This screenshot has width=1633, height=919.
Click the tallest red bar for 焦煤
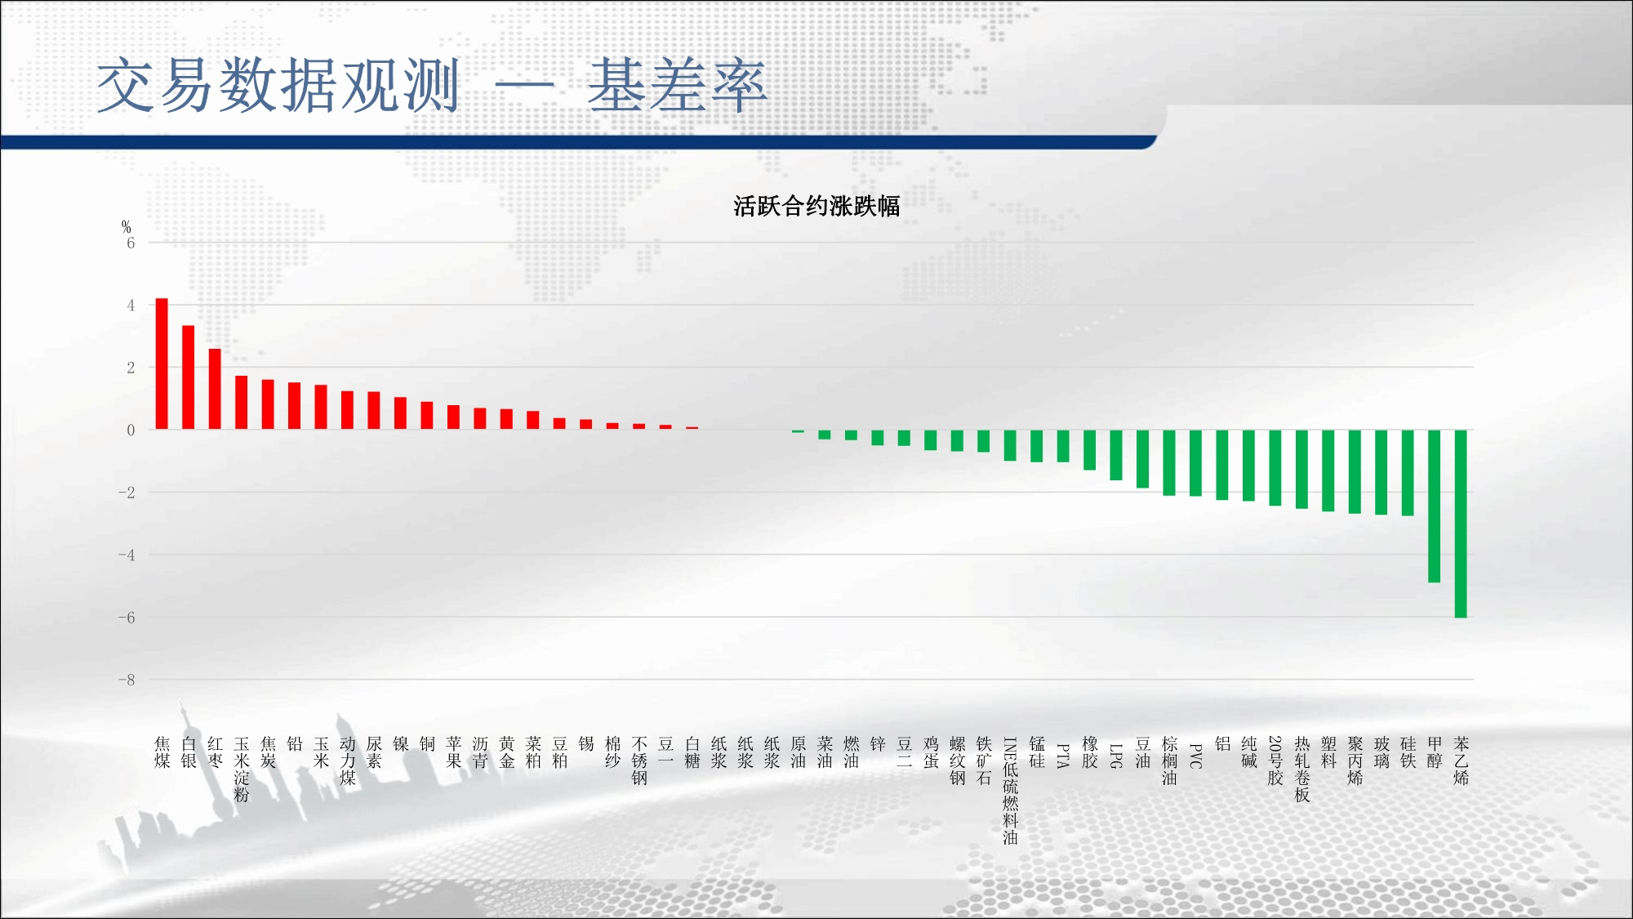point(162,364)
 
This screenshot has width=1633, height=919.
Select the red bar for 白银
point(188,377)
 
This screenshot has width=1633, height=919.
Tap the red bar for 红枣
point(215,389)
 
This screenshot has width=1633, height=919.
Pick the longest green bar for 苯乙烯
point(1461,524)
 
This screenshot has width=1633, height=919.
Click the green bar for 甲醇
point(1434,506)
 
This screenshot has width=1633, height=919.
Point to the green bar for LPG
point(1116,455)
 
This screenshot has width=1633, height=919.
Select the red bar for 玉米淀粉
point(241,403)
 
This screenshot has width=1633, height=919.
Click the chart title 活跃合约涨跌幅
point(816,206)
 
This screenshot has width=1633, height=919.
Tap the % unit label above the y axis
point(126,226)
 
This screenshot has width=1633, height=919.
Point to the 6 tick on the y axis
point(131,243)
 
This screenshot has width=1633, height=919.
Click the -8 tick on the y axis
point(127,680)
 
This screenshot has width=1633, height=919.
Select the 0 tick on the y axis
point(131,430)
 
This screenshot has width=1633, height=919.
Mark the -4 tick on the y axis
point(127,555)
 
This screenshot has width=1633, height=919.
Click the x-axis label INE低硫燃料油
point(1010,791)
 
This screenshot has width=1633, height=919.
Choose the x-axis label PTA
point(1063,755)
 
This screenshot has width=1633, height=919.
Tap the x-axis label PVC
point(1195,756)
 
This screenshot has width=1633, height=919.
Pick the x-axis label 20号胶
point(1275,761)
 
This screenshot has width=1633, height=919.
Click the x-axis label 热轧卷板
point(1302,769)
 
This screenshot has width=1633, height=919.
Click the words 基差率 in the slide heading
point(677,86)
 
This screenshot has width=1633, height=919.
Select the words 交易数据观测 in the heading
point(278,85)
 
